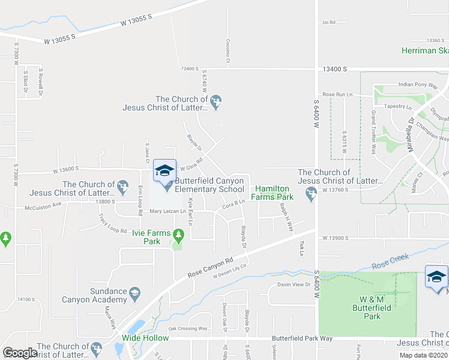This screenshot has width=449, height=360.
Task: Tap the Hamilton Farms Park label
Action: pyautogui.click(x=276, y=192)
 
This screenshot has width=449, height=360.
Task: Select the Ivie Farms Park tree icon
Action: pyautogui.click(x=177, y=234)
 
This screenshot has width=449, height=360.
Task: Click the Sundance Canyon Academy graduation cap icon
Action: pyautogui.click(x=134, y=292)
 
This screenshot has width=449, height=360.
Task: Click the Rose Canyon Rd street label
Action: pyautogui.click(x=210, y=268)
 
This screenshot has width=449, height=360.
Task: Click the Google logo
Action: pyautogui.click(x=20, y=352)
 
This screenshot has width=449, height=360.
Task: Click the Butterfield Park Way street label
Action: pyautogui.click(x=302, y=338)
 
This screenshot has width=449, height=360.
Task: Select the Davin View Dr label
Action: pyautogui.click(x=293, y=284)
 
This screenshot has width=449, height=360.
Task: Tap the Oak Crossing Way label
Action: pyautogui.click(x=188, y=328)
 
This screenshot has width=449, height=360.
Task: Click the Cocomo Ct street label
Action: pyautogui.click(x=228, y=51)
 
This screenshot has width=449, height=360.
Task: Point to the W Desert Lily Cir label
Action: pyautogui.click(x=230, y=271)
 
